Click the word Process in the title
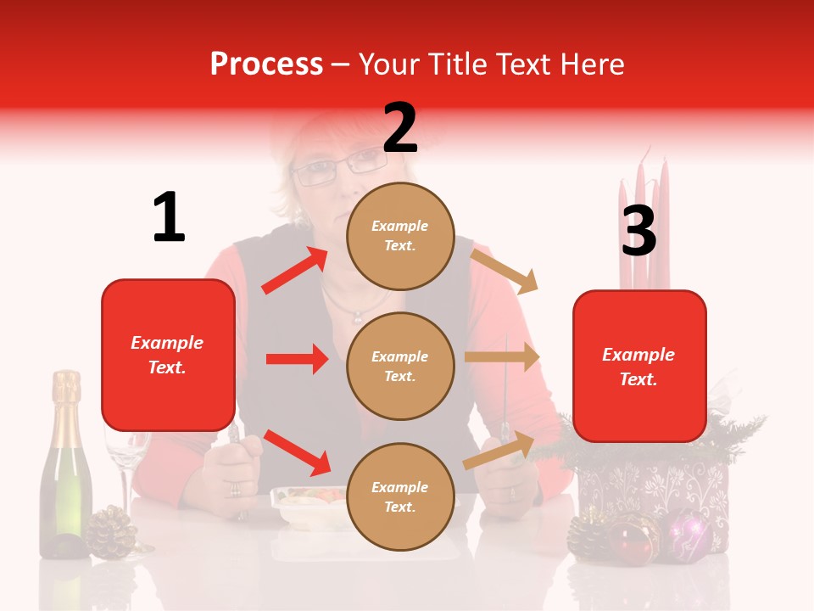(x=266, y=64)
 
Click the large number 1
(x=169, y=217)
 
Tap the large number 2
(x=400, y=128)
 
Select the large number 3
(x=638, y=231)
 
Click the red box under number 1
(x=168, y=355)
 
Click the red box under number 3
(x=639, y=366)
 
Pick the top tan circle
(x=400, y=235)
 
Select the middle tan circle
(x=400, y=366)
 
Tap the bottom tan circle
(x=400, y=496)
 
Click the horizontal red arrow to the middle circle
(x=297, y=359)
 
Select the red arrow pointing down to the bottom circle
(x=297, y=452)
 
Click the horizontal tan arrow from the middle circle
(x=502, y=357)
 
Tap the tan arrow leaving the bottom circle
(x=499, y=450)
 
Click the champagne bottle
(x=66, y=475)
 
